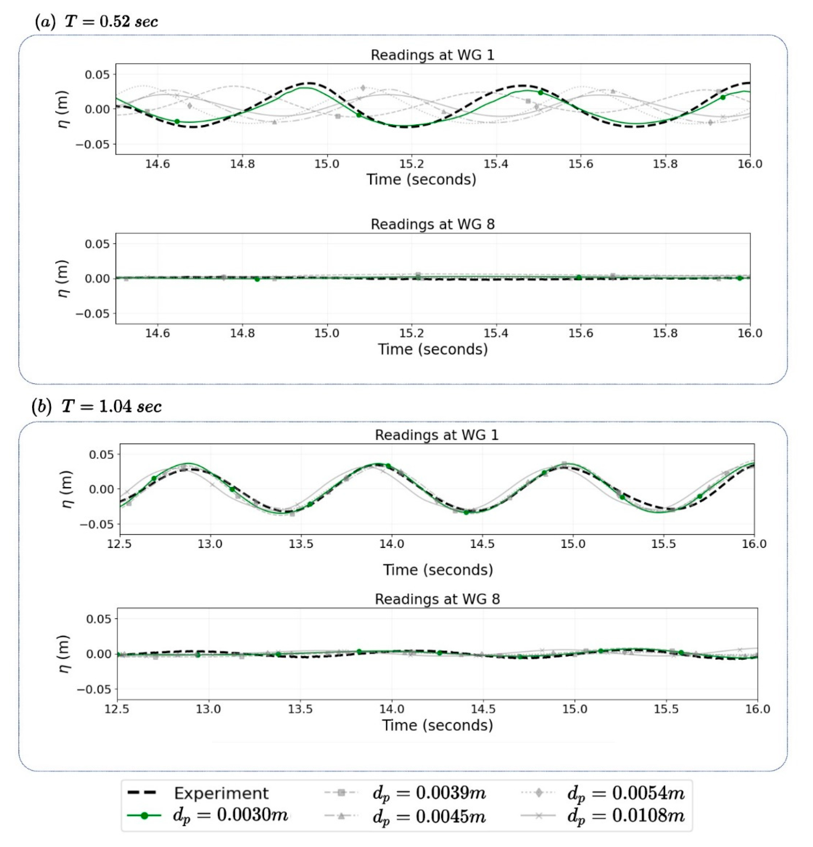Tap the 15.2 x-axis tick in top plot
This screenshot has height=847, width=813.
412,164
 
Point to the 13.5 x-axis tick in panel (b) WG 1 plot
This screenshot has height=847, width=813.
301,544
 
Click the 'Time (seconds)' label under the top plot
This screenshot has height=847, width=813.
421,179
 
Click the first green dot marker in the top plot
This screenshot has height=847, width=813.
177,121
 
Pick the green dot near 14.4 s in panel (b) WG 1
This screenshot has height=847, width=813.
466,512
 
